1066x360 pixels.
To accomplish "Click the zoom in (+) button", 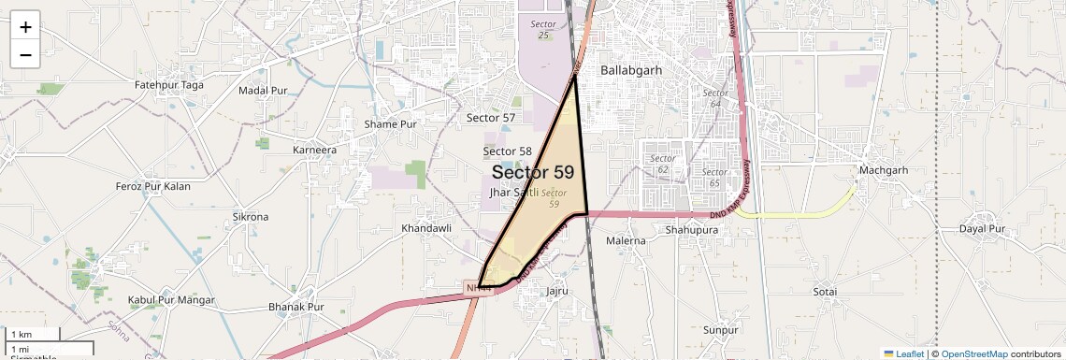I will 25,26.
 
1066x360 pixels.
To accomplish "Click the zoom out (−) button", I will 25,54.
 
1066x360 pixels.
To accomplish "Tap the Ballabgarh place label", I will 633,70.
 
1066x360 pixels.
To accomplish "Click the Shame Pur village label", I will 391,123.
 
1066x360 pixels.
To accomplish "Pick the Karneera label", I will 314,150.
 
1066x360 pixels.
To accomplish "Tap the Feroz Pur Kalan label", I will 152,186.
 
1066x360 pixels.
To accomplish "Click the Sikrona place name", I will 250,217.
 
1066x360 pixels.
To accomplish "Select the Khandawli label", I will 425,228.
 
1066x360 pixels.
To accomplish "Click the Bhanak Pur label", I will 295,307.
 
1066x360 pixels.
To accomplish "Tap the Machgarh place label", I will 884,170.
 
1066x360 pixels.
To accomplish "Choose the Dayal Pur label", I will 982,228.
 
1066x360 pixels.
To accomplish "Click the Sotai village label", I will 825,292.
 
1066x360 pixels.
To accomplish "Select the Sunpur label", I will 721,330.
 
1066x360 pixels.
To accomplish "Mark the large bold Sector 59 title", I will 533,172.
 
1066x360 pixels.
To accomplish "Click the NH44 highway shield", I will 478,289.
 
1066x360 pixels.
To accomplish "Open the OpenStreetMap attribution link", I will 974,354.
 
